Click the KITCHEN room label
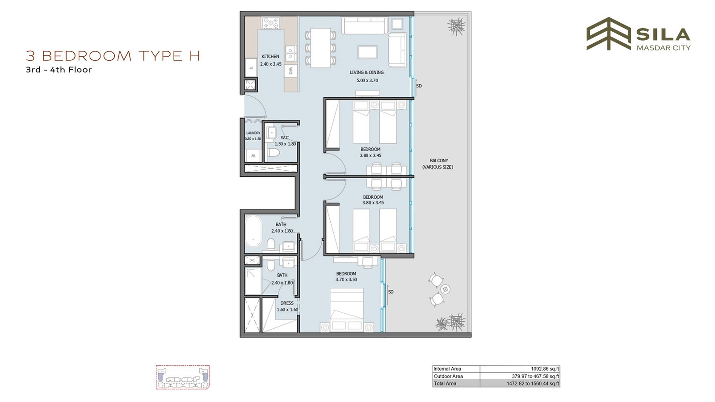click(270, 56)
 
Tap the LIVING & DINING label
click(366, 72)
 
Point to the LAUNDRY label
click(253, 133)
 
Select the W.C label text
click(285, 138)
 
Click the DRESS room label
click(286, 303)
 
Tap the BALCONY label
click(439, 160)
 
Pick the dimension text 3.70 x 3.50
click(346, 280)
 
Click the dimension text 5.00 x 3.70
click(367, 80)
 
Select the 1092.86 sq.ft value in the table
click(545, 369)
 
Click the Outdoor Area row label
click(448, 377)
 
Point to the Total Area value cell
click(533, 384)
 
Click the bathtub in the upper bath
click(253, 231)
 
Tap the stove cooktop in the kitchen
click(271, 23)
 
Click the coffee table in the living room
click(368, 52)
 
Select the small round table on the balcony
click(445, 290)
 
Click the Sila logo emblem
click(609, 33)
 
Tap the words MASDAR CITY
click(664, 48)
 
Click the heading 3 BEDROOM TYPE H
click(113, 56)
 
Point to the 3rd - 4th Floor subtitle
click(59, 70)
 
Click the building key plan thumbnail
click(183, 377)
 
